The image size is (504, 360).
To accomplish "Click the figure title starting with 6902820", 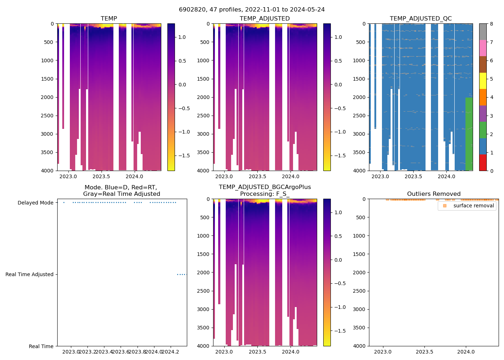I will (x=252, y=9).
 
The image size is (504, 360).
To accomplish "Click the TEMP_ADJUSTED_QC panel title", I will (x=420, y=18).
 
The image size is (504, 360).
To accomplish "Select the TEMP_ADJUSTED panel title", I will (x=265, y=18).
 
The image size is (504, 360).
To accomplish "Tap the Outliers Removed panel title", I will (x=433, y=194).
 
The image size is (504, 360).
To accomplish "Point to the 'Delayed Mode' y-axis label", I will (x=35, y=203).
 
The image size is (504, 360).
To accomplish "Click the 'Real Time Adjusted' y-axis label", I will (x=29, y=274).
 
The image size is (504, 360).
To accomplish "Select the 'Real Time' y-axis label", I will (x=41, y=346).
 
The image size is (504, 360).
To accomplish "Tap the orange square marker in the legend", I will (x=445, y=206).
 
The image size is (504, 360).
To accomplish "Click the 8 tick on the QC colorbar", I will (x=491, y=24).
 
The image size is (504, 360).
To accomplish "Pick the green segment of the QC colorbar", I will (x=483, y=130).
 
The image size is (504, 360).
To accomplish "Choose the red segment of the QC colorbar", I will (x=483, y=163).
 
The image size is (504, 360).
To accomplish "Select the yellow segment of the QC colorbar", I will (x=483, y=81).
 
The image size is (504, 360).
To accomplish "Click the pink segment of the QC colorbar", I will (x=483, y=48).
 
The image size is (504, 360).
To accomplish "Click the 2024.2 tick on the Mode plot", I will (x=171, y=352).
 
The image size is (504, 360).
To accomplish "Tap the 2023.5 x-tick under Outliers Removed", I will (x=424, y=352).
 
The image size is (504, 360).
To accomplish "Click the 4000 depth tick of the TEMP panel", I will (x=47, y=171).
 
